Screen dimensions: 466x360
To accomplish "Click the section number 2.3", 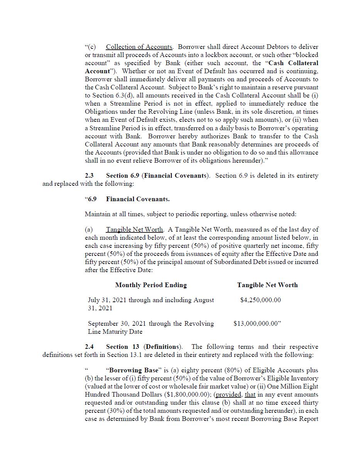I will pyautogui.click(x=89, y=176).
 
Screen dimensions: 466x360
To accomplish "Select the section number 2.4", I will pyautogui.click(x=89, y=347).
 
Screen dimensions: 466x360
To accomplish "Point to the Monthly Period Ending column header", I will pyautogui.click(x=151, y=285).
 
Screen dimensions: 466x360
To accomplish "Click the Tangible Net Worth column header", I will pyautogui.click(x=267, y=285).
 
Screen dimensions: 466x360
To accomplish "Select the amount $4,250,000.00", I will pyautogui.click(x=260, y=300).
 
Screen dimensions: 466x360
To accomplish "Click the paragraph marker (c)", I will pyautogui.click(x=91, y=47).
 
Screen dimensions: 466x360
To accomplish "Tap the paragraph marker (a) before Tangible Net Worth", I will pyautogui.click(x=89, y=230).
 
